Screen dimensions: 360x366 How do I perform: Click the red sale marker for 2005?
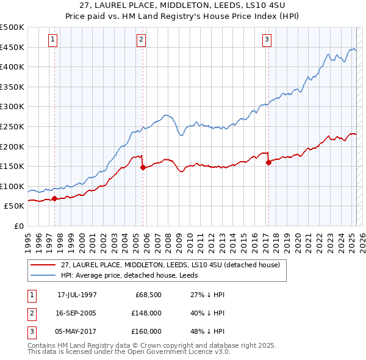(143, 167)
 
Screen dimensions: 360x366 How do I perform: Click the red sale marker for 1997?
(54, 198)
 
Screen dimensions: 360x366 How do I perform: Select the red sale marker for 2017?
(268, 162)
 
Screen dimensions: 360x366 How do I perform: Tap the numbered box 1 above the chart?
(53, 40)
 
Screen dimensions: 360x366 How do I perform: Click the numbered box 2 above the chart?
(141, 40)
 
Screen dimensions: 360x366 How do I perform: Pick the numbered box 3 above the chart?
(267, 40)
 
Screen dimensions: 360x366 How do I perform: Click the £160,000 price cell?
(146, 331)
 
